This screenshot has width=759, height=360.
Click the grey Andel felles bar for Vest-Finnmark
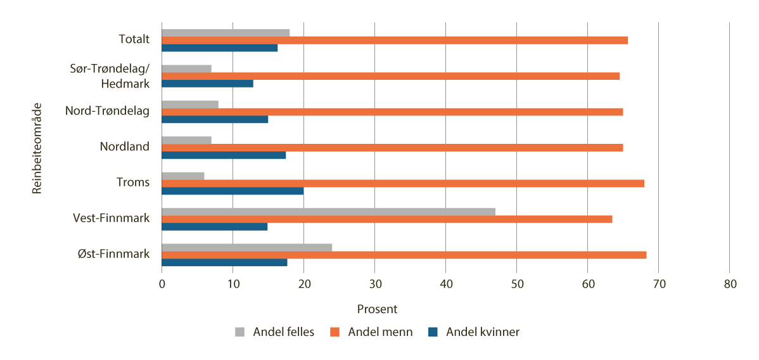coord(328,212)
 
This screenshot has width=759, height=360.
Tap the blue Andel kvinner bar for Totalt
coord(219,48)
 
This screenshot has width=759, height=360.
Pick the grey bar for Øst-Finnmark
coord(246,247)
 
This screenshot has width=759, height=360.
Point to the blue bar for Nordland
coord(224,155)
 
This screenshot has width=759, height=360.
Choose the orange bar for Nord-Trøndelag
coord(392,112)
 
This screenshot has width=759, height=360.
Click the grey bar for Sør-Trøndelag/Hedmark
coord(186,68)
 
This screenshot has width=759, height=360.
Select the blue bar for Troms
coord(233,191)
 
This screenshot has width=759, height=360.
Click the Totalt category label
coord(134,39)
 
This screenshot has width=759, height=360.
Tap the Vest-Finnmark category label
coord(111,218)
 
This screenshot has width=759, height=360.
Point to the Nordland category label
coord(124,147)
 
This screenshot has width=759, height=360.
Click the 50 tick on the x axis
coord(516,285)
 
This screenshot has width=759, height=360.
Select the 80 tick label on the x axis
coord(729,285)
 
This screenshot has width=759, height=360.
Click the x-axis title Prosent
coord(377,309)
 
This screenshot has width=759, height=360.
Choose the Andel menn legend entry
coord(380,332)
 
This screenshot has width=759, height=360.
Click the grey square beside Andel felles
coord(239,332)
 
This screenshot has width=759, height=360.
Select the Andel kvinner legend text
coord(482,332)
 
